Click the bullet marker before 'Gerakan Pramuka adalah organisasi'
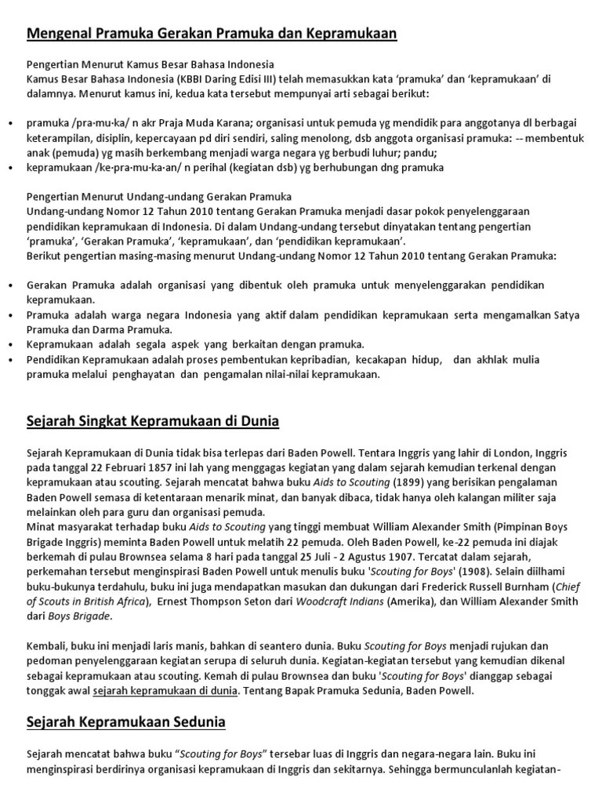[9, 285]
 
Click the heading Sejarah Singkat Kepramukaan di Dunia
[153, 421]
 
